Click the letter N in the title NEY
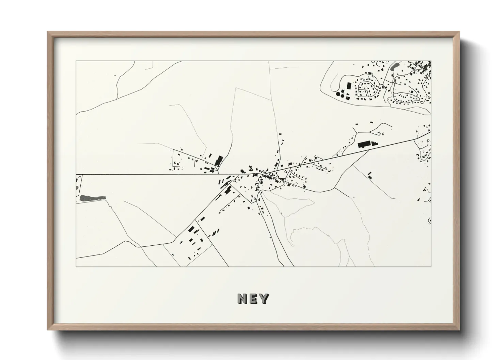242,299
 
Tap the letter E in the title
253,299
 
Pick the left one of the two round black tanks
338,94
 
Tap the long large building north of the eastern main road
364,145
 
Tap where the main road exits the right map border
431,131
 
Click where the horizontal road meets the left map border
76,175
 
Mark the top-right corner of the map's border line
431,61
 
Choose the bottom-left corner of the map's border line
76,266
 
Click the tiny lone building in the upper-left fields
115,75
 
